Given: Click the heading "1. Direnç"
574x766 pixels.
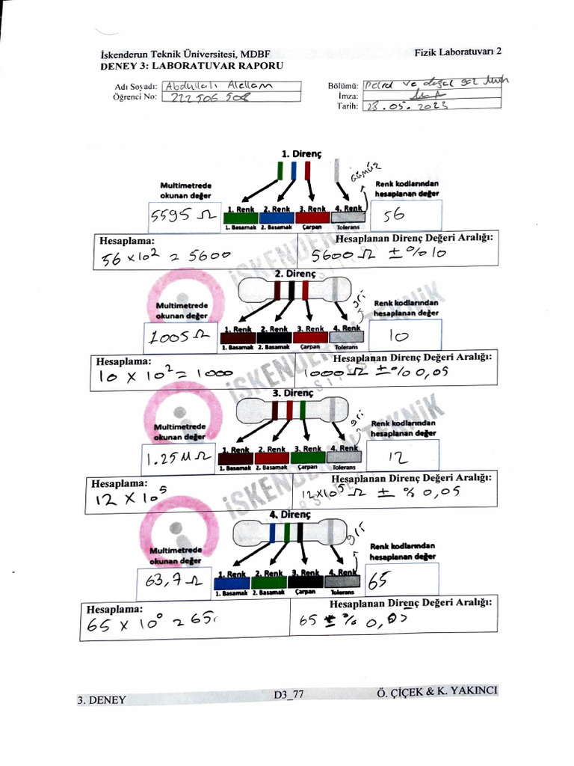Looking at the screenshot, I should [x=300, y=153].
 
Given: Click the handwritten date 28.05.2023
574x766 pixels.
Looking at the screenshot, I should [x=408, y=106].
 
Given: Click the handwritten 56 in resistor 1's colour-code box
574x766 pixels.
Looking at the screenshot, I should [x=393, y=215].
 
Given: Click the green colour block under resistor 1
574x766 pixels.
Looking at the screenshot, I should [x=240, y=218].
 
